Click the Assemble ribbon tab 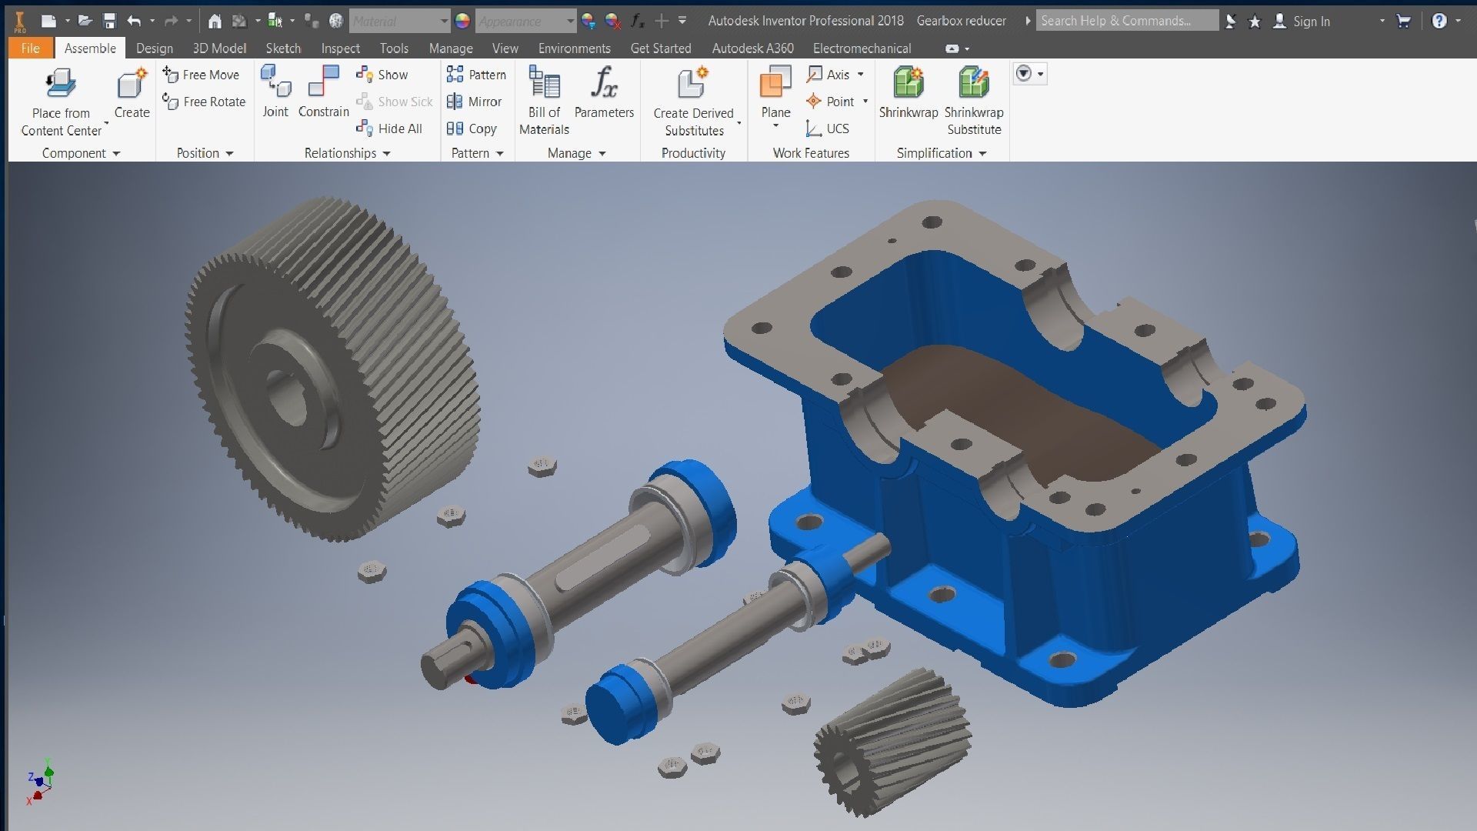(90, 48)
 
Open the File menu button (30, 48)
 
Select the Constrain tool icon (323, 83)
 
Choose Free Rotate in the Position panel (204, 102)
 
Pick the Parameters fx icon (604, 83)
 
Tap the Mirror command (475, 102)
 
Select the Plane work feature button (775, 88)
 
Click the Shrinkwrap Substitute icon (974, 83)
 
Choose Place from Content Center (61, 100)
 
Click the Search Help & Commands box (1125, 21)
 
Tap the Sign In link (1311, 22)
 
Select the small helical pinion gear (892, 739)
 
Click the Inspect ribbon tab (340, 48)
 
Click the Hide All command (390, 128)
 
